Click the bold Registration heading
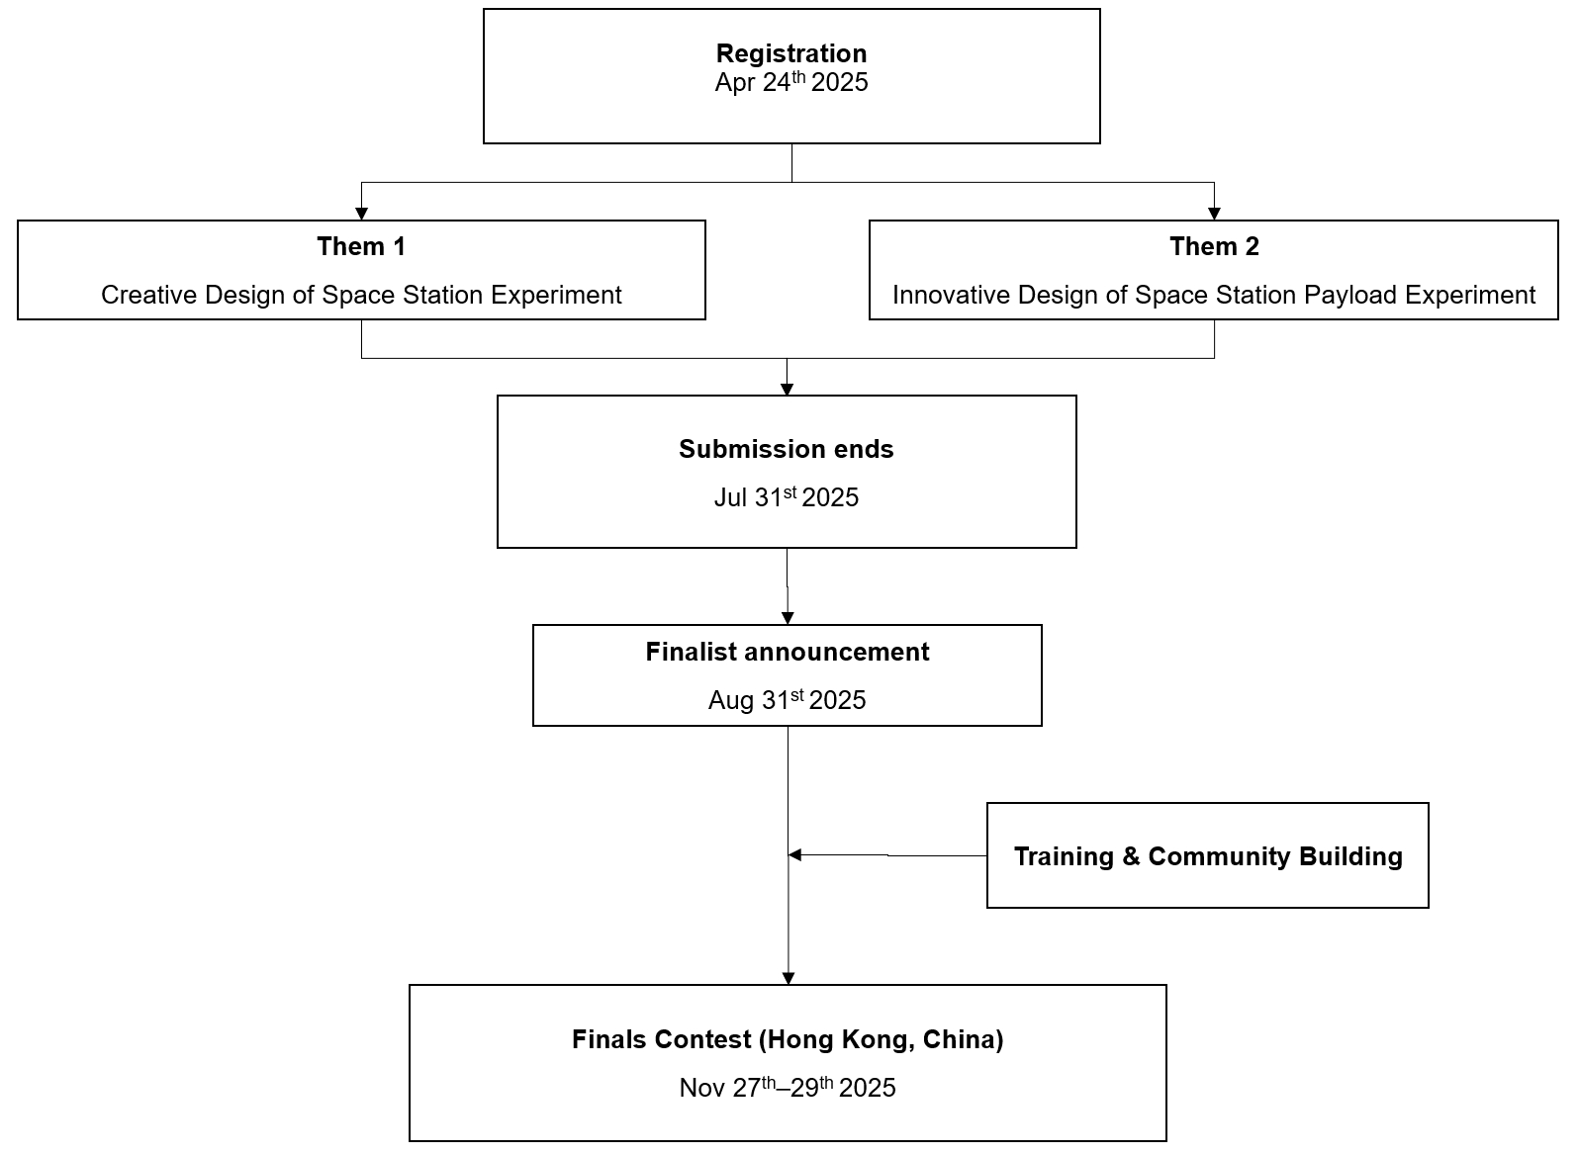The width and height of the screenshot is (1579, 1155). pyautogui.click(x=790, y=54)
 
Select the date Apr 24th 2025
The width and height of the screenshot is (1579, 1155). pyautogui.click(x=790, y=82)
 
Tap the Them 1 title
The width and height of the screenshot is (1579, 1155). pyautogui.click(x=361, y=246)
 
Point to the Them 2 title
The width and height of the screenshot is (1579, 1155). pyautogui.click(x=1214, y=246)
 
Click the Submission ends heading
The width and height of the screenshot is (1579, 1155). pyautogui.click(x=786, y=449)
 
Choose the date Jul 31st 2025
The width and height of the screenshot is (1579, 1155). pyautogui.click(x=786, y=496)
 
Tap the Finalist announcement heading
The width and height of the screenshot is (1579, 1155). pyautogui.click(x=788, y=652)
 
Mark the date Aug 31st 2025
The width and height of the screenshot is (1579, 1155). pyautogui.click(x=787, y=700)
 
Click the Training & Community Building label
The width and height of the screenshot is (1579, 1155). pyautogui.click(x=1208, y=857)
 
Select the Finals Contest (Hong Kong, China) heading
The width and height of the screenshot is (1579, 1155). pyautogui.click(x=788, y=1040)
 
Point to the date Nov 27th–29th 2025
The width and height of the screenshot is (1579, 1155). pyautogui.click(x=788, y=1088)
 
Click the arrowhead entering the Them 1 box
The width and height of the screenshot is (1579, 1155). pyautogui.click(x=362, y=215)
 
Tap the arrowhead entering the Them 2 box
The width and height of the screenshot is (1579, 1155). pyautogui.click(x=1214, y=215)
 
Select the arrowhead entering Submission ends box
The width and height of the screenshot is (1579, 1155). pyautogui.click(x=787, y=390)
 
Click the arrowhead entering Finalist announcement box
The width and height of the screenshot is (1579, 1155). pyautogui.click(x=788, y=618)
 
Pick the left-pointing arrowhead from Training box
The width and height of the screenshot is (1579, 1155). pyautogui.click(x=794, y=854)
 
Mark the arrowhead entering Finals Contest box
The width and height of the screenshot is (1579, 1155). pyautogui.click(x=789, y=979)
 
